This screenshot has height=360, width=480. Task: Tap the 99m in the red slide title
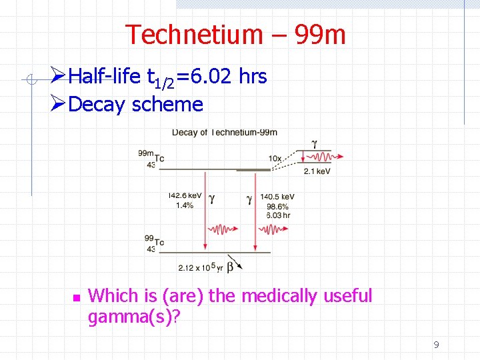tap(319, 35)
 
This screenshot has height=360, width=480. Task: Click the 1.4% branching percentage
tap(184, 206)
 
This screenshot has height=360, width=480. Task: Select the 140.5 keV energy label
tap(277, 197)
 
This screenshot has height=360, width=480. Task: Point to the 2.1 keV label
tap(317, 171)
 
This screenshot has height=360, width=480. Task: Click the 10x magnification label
tap(275, 157)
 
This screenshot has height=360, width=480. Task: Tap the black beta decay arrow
tap(235, 261)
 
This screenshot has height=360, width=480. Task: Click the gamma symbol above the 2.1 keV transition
tap(314, 143)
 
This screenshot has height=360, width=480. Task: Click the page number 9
tap(436, 345)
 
